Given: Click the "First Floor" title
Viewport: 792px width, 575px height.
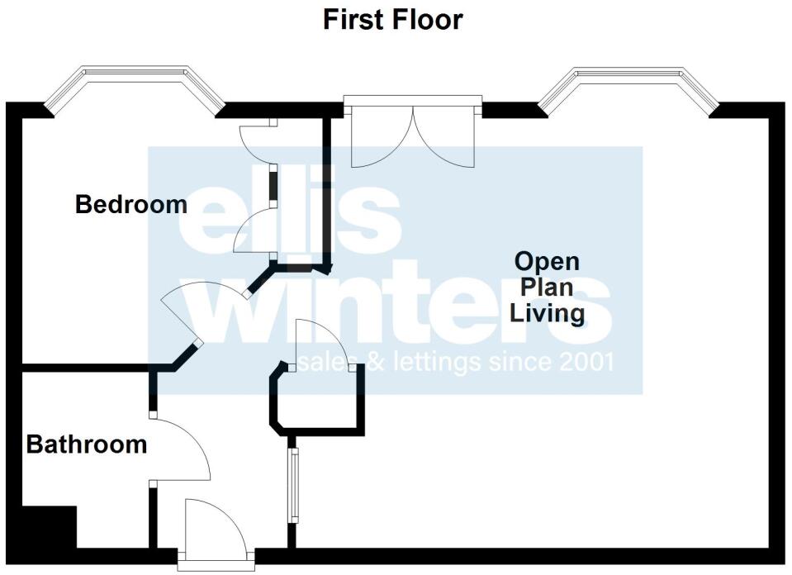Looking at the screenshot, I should pos(392,19).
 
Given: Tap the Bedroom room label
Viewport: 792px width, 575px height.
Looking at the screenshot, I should pos(131,204).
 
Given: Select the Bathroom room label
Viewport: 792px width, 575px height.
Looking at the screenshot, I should pos(87,444).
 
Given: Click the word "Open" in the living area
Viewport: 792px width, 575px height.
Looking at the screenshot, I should pos(547,262).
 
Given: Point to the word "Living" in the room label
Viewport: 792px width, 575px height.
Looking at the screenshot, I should pos(547,313).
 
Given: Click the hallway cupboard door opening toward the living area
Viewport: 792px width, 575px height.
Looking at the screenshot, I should pos(327,344).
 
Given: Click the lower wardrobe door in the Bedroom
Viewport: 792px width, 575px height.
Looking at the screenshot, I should pos(256,231).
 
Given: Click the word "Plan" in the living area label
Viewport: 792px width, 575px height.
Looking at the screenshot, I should pos(547,287).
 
